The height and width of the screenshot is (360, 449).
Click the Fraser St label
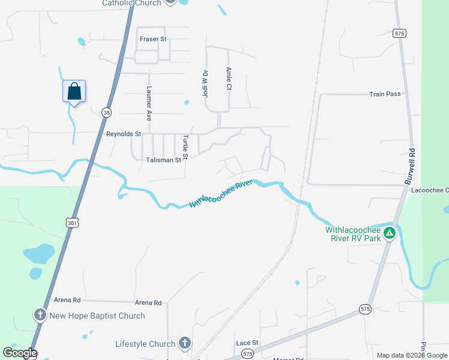pos(152,39)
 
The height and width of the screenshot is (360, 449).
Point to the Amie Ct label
pos(229,79)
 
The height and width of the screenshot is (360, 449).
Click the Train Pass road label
pos(385,94)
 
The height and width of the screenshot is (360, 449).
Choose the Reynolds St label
pos(123,134)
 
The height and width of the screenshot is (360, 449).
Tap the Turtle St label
pos(185,148)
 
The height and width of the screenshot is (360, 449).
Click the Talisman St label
pos(163,160)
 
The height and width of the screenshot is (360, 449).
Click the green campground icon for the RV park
pos(390,233)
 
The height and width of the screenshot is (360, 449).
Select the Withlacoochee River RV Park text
pos(354,233)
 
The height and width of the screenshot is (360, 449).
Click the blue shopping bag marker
pos(74,92)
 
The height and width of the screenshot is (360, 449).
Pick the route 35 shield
pos(106,112)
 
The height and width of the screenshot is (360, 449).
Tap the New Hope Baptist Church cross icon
pos(40,315)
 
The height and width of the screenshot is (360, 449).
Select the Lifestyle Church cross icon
pos(185,344)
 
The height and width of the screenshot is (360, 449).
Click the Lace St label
pos(247,343)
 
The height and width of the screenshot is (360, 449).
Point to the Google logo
pos(20,353)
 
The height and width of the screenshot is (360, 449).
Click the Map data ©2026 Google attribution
pos(412,355)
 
